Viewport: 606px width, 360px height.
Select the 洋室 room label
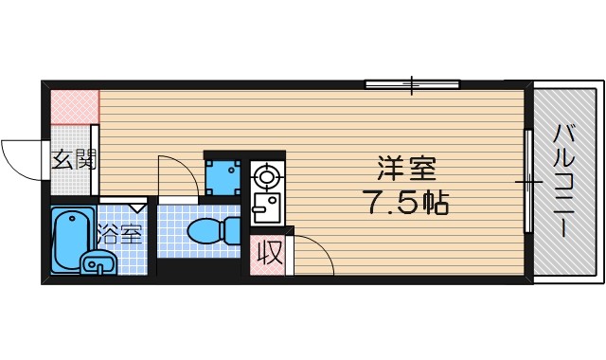pyautogui.click(x=406, y=169)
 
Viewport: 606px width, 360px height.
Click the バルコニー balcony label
pyautogui.click(x=564, y=181)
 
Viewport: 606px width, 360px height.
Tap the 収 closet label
pyautogui.click(x=269, y=253)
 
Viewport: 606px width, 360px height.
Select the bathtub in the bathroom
pyautogui.click(x=73, y=240)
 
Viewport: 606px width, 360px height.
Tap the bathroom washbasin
pyautogui.click(x=98, y=263)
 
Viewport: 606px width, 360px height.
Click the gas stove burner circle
pyautogui.click(x=266, y=177)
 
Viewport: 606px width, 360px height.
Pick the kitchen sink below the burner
pyautogui.click(x=266, y=207)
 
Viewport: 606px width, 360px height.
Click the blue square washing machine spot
pyautogui.click(x=223, y=177)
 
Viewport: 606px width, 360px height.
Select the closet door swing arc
pyautogui.click(x=322, y=246)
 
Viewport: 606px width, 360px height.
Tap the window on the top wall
pyautogui.click(x=413, y=84)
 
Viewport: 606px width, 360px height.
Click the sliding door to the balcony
pyautogui.click(x=528, y=181)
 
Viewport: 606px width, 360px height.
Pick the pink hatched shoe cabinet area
pyautogui.click(x=75, y=107)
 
